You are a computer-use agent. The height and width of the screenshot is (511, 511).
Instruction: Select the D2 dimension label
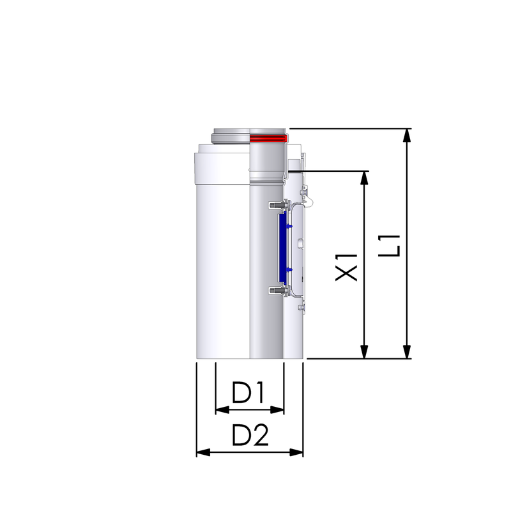point(250,435)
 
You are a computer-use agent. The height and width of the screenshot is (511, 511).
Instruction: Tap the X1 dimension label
point(346,267)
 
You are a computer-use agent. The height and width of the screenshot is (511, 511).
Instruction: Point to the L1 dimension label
point(389,246)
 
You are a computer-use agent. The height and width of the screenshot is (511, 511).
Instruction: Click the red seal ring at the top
point(268,138)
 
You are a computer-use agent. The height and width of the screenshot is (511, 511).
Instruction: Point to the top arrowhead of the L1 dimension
point(406,135)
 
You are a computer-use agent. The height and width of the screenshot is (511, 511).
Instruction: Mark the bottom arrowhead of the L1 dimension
point(406,352)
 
